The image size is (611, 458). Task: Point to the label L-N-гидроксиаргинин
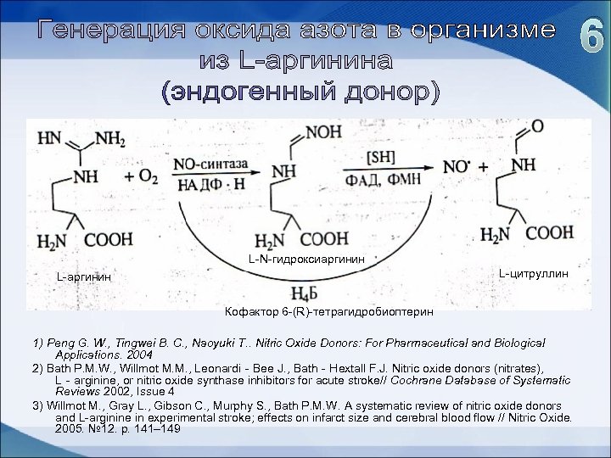pyautogui.click(x=306, y=257)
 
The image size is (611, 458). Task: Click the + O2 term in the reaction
pyautogui.click(x=141, y=176)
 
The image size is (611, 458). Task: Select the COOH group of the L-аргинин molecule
pyautogui.click(x=108, y=241)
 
